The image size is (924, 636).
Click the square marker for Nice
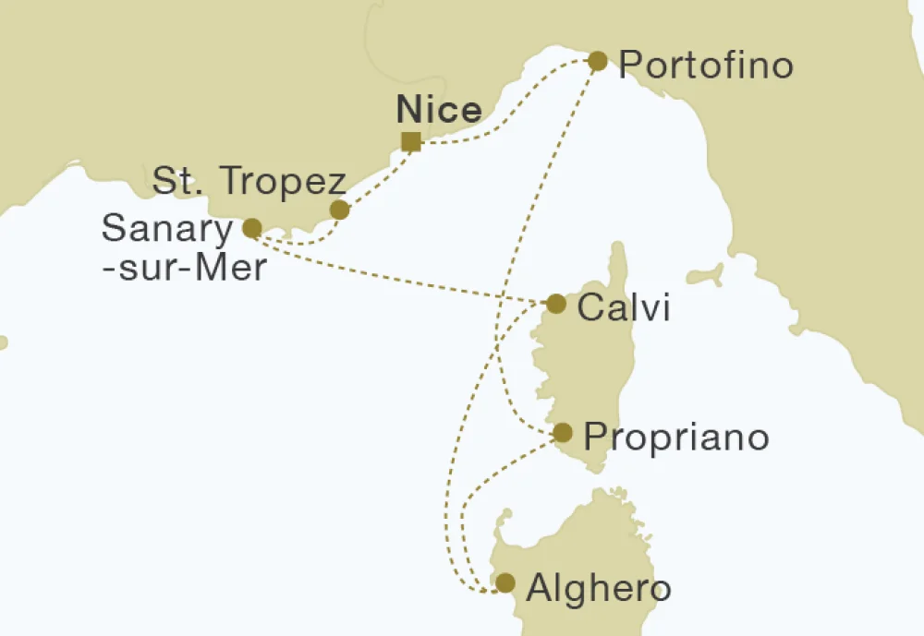411,141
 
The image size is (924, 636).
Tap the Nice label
439,111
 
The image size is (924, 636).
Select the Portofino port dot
598,62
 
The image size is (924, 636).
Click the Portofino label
706,66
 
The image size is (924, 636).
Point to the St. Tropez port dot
340,210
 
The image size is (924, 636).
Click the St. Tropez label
249,183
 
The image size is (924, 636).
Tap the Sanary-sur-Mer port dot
251,227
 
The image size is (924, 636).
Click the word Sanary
167,229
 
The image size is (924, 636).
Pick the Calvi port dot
556,304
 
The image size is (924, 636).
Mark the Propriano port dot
562,432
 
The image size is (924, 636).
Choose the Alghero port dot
505,582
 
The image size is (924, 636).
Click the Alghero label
597,588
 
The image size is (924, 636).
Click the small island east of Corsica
706,274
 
